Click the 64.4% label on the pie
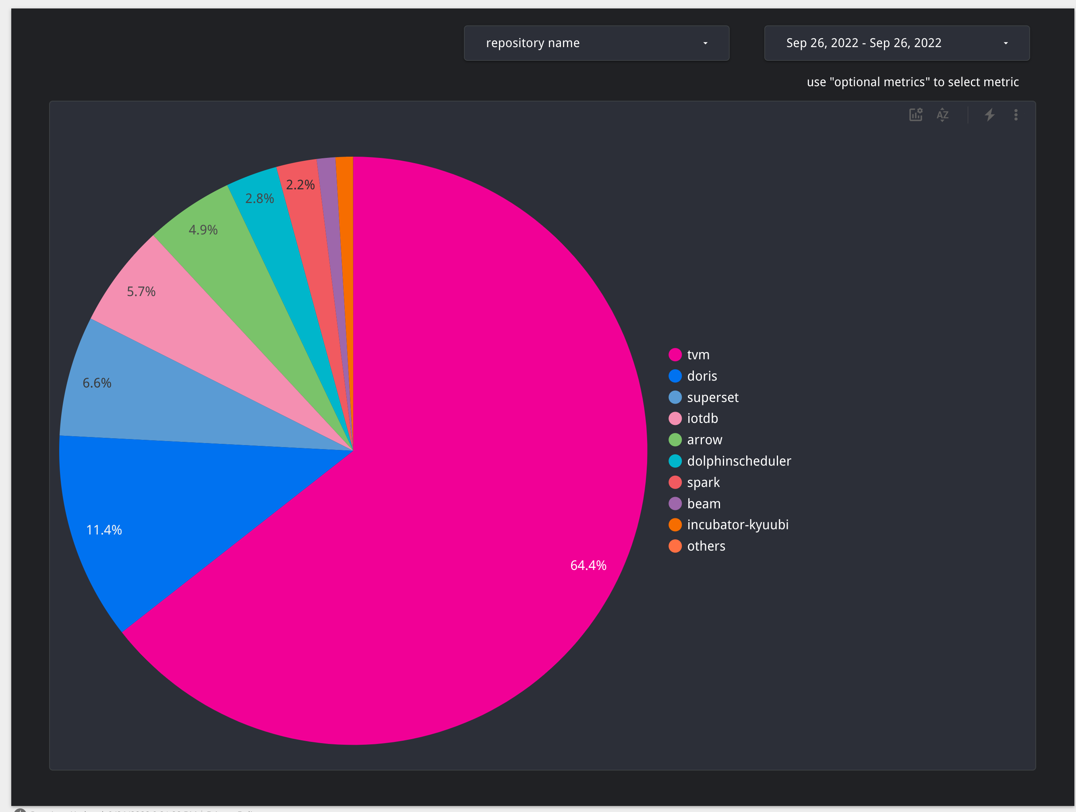(588, 565)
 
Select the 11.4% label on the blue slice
(104, 530)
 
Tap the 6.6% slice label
(97, 383)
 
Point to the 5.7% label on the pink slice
(141, 292)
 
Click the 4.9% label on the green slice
(203, 230)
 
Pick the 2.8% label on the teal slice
(259, 199)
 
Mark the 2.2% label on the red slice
(300, 185)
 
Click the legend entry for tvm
(698, 355)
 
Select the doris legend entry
(701, 376)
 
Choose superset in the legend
(712, 398)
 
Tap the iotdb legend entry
(702, 418)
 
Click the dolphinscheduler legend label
(739, 461)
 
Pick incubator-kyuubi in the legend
(737, 524)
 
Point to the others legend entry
(706, 546)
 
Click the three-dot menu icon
(1016, 115)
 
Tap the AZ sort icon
(942, 115)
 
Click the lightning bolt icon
(989, 115)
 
